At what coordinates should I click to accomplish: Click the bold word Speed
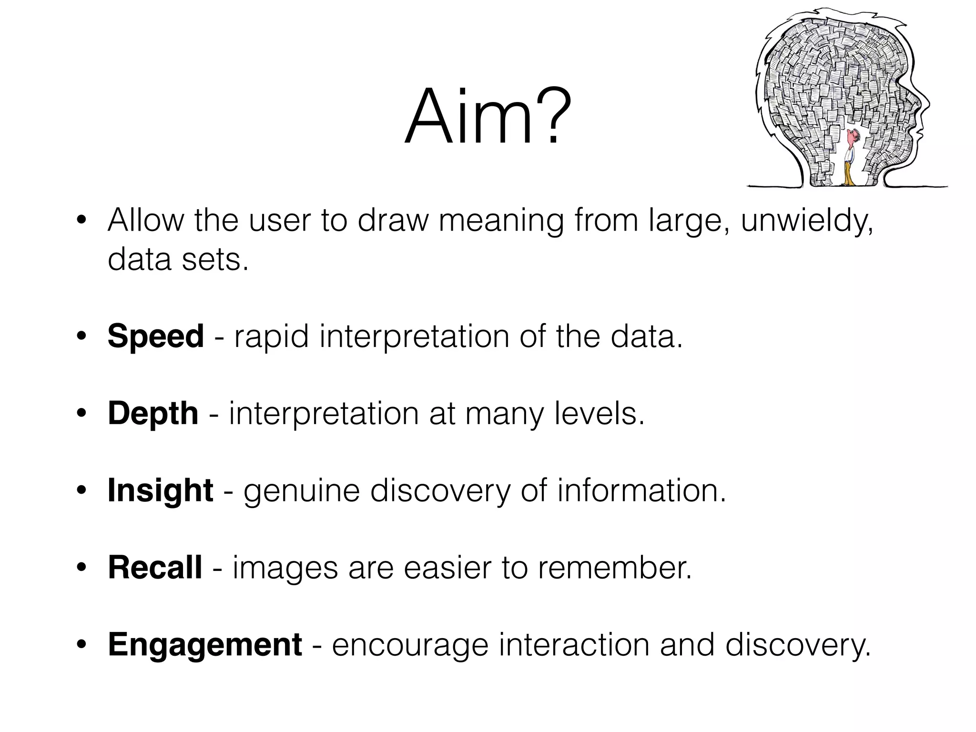[156, 336]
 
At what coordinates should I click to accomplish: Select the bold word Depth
[153, 414]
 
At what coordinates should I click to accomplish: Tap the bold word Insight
[160, 490]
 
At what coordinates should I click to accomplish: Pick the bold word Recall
[155, 568]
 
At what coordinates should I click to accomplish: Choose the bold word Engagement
[205, 645]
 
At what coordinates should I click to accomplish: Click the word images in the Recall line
[285, 569]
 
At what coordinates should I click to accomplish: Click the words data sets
[178, 260]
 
